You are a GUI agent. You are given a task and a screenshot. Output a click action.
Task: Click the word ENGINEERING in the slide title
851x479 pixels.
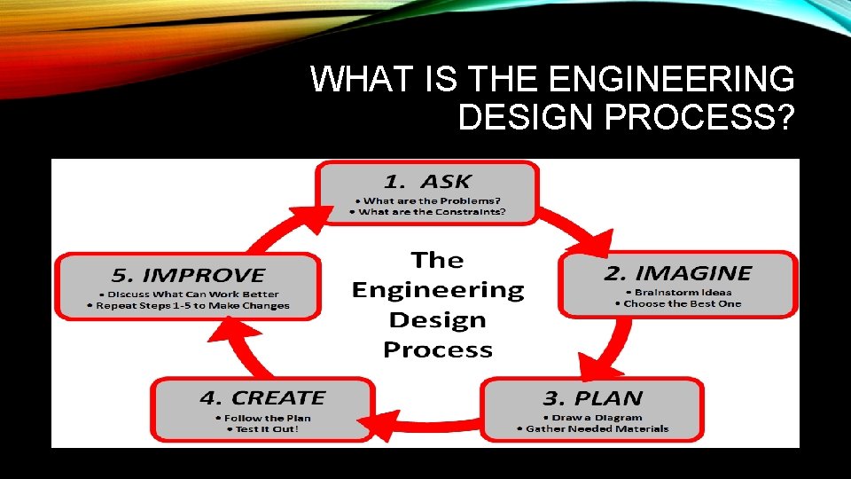click(x=671, y=80)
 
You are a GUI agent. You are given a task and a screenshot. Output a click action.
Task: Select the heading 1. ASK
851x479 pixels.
click(x=427, y=182)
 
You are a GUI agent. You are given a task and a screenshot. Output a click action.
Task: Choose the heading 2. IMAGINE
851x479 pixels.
click(x=677, y=273)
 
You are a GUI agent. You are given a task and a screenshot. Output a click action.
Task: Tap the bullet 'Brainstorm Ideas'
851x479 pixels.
click(x=678, y=292)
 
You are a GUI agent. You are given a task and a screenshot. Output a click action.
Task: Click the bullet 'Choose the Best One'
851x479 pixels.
click(x=678, y=303)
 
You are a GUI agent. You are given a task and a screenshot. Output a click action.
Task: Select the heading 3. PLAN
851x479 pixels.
click(x=593, y=398)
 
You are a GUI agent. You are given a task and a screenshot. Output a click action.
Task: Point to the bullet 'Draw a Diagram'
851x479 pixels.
click(x=593, y=418)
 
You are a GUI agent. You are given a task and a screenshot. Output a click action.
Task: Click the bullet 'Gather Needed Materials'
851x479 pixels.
click(x=593, y=429)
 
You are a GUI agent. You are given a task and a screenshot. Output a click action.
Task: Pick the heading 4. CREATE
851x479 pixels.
click(x=262, y=398)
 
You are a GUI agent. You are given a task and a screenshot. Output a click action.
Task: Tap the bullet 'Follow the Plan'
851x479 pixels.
click(x=262, y=418)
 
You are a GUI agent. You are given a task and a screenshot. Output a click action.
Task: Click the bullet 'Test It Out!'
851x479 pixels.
click(x=262, y=429)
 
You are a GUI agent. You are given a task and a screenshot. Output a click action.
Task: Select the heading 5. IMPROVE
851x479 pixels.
click(x=188, y=276)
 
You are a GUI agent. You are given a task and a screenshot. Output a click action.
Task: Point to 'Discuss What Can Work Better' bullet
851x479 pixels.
click(x=188, y=294)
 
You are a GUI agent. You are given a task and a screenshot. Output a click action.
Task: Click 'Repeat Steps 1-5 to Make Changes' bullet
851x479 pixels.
click(x=188, y=305)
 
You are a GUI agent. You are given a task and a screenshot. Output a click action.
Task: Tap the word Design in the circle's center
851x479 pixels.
click(x=437, y=319)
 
